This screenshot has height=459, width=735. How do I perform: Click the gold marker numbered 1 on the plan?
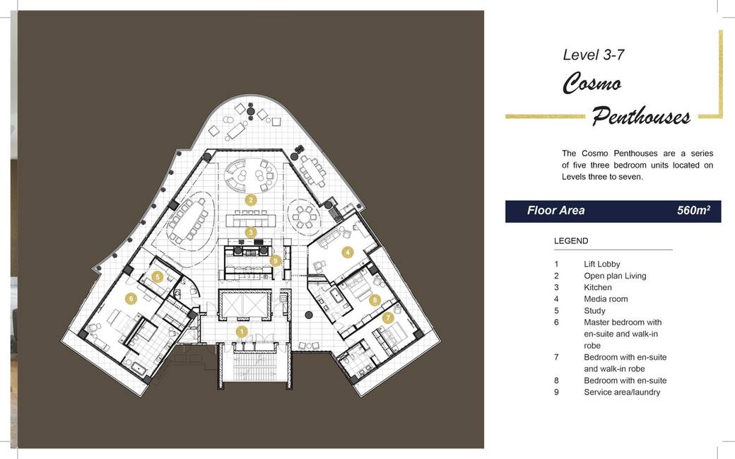(242, 332)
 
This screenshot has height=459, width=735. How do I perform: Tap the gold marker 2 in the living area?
(251, 200)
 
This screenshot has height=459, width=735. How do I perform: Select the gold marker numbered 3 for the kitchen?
(251, 232)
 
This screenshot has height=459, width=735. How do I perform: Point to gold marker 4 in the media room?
(347, 252)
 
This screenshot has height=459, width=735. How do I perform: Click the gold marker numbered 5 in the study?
(158, 277)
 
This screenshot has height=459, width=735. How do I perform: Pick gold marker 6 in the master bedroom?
(131, 298)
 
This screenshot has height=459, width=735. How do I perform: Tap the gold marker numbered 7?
(388, 318)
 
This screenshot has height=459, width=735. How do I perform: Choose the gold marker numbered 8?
(375, 300)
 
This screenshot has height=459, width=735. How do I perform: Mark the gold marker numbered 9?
(275, 260)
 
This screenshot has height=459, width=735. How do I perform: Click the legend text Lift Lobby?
(602, 265)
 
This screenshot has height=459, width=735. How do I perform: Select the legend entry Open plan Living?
(615, 276)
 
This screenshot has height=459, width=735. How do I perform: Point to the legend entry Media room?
(606, 299)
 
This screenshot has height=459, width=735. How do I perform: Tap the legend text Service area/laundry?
(622, 392)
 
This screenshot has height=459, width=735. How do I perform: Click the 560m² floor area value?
(693, 210)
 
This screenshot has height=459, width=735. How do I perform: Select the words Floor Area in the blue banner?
(556, 210)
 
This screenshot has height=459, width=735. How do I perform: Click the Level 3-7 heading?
(594, 55)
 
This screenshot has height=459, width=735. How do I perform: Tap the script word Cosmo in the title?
(592, 83)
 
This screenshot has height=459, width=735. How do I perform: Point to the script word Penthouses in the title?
(641, 115)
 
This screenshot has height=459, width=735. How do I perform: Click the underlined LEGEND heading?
(571, 240)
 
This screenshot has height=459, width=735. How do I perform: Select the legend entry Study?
(594, 310)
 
